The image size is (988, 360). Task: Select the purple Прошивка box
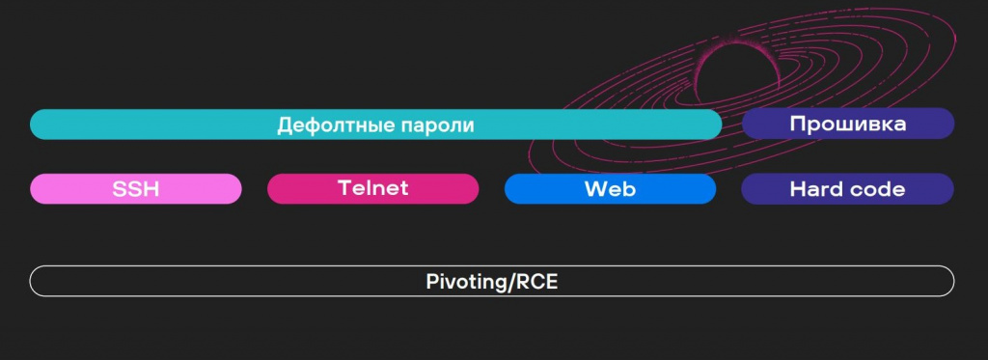tap(847, 124)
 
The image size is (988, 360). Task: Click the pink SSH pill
tap(135, 189)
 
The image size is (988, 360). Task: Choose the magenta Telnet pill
tap(372, 188)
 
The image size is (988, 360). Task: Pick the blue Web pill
tap(610, 189)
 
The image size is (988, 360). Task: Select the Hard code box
tap(847, 189)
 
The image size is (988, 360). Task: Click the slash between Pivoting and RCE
tap(512, 282)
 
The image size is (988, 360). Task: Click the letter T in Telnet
tap(343, 188)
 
